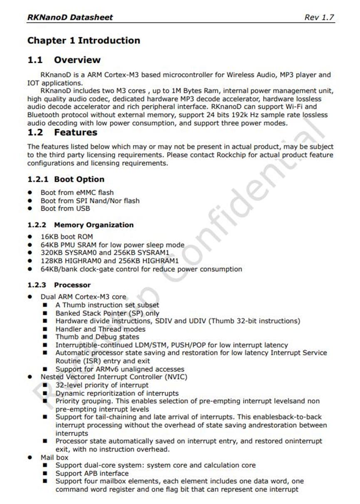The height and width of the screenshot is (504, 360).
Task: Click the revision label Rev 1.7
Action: coord(319,17)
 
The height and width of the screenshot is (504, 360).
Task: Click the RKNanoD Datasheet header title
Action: coord(70,17)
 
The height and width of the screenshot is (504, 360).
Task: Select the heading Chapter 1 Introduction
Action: coord(84,41)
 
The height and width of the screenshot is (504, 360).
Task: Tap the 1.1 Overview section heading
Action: coord(64,60)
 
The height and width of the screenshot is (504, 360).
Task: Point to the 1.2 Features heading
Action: coord(62,133)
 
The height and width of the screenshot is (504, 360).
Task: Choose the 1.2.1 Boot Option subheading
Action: coord(66,179)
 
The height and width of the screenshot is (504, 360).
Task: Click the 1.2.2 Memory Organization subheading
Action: coord(80,225)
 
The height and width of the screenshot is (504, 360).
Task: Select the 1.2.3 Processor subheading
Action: coord(59,285)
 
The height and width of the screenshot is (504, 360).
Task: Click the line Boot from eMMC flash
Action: coord(77,193)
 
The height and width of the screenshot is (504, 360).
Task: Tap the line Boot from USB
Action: coord(65,209)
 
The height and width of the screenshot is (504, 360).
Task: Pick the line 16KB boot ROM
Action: coord(67,237)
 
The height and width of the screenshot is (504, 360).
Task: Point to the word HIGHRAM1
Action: coord(161,261)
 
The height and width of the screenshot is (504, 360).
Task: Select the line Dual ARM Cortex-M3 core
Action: coord(83,297)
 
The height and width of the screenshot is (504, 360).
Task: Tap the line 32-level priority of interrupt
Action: coord(102,385)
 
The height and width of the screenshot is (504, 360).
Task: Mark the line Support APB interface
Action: coord(92,474)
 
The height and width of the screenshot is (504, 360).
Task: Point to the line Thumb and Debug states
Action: coord(97,337)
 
